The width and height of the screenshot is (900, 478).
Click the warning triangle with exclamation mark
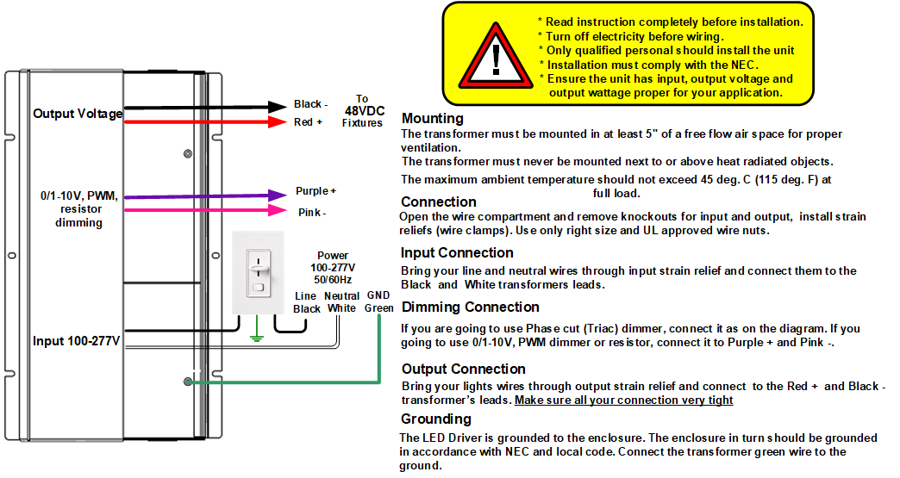click(x=495, y=59)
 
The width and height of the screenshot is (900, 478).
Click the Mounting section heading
click(x=432, y=119)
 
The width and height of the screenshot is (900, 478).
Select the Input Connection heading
click(x=457, y=253)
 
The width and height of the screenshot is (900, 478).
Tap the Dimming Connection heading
click(x=470, y=307)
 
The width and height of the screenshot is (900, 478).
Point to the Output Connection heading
click(x=463, y=369)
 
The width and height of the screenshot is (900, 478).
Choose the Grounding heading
click(x=435, y=419)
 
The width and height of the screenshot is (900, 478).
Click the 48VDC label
click(x=362, y=111)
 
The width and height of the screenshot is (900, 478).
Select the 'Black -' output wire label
click(x=311, y=105)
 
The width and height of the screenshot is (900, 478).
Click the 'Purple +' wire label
click(x=316, y=191)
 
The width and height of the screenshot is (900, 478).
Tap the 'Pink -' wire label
click(x=312, y=212)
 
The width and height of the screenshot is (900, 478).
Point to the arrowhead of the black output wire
click(x=278, y=106)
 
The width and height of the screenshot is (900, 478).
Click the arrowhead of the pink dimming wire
click(x=278, y=210)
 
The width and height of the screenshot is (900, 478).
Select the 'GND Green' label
click(x=378, y=301)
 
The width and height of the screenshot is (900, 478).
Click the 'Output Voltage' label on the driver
click(x=78, y=114)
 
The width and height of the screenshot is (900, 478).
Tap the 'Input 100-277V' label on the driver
click(x=77, y=342)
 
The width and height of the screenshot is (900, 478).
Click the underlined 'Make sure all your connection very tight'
click(x=623, y=400)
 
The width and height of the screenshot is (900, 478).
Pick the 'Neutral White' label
click(x=341, y=301)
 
